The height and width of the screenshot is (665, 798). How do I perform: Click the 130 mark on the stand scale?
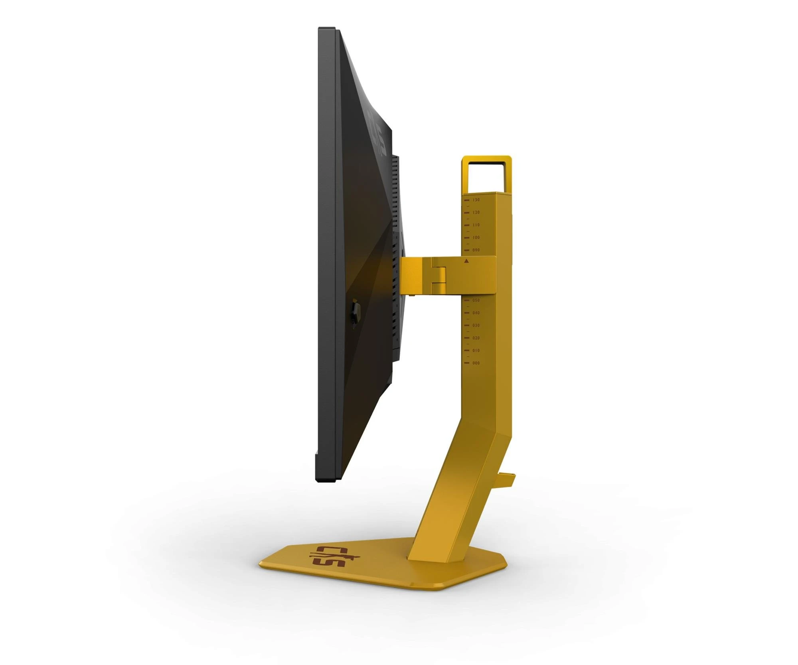[x=476, y=200]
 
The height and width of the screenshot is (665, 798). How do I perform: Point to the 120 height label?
[x=476, y=212]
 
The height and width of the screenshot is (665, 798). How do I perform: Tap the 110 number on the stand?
[x=476, y=225]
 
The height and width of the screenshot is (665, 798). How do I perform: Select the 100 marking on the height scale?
[x=476, y=238]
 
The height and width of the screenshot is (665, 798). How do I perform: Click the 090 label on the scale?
[x=476, y=250]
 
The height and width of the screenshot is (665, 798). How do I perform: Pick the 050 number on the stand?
[x=476, y=300]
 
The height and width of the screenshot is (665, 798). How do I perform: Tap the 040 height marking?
[x=476, y=313]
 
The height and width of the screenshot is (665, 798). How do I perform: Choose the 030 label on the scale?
[x=476, y=325]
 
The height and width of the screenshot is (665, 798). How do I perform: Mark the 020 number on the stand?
[x=476, y=338]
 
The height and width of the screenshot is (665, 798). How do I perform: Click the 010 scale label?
[x=476, y=350]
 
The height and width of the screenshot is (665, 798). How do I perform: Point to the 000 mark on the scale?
[x=476, y=363]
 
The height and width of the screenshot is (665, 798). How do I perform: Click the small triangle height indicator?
[x=466, y=261]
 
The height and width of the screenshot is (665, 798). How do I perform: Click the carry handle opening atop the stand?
[x=486, y=176]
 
